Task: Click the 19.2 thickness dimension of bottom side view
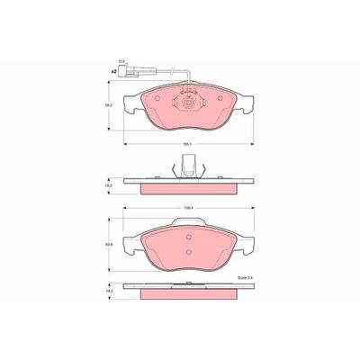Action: click(x=111, y=292)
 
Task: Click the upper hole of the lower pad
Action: click(x=189, y=232)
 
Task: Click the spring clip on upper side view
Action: click(x=188, y=166)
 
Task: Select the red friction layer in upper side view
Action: click(x=188, y=185)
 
